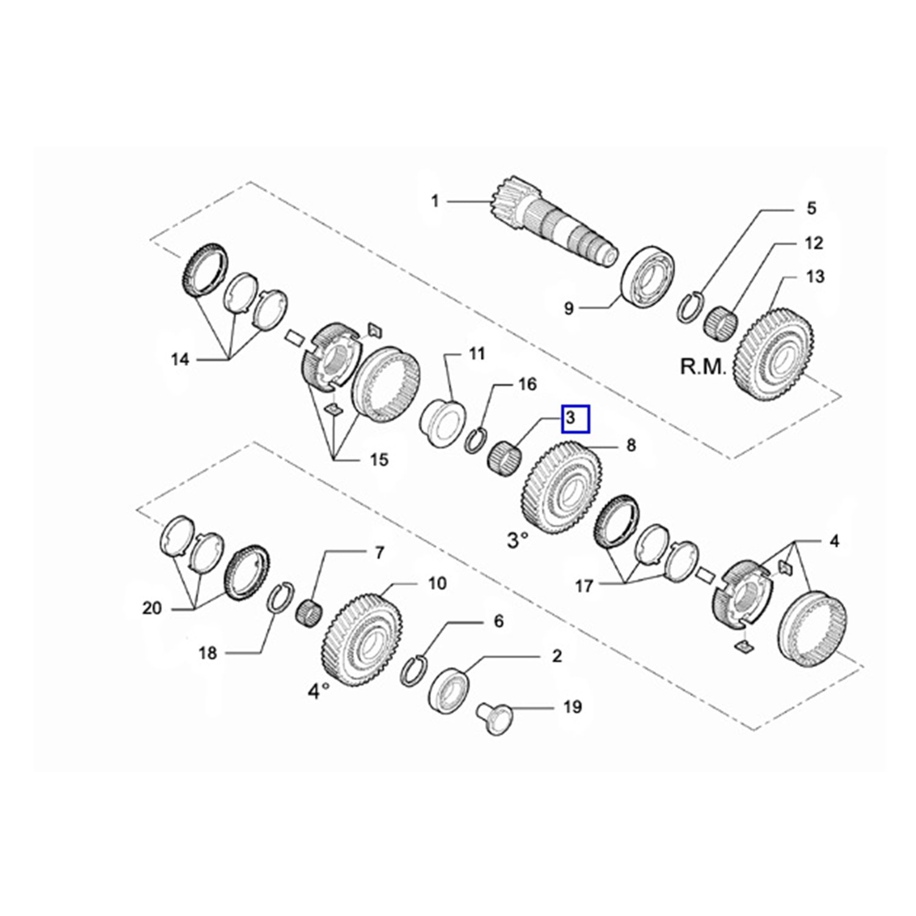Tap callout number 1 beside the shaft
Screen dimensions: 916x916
435,200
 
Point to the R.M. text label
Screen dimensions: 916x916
703,367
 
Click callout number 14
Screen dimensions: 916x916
180,359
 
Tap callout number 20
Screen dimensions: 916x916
152,608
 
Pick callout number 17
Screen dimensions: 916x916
584,586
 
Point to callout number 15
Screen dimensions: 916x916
379,459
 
